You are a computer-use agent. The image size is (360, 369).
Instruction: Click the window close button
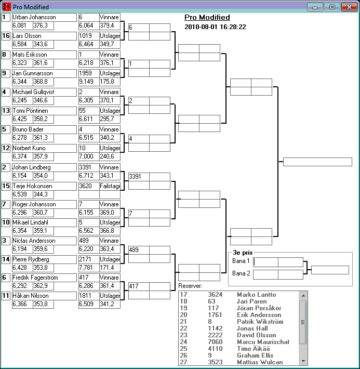coord(348,7)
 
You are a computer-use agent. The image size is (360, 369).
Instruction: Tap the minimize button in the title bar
coord(314,7)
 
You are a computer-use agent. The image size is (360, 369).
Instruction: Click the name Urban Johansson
coord(34,17)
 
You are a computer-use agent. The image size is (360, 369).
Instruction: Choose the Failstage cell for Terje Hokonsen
coord(110,186)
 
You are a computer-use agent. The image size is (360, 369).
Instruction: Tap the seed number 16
coord(6,36)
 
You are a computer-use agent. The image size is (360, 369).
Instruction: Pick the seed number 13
coord(6,111)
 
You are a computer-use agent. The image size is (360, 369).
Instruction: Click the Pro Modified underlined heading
coord(207,17)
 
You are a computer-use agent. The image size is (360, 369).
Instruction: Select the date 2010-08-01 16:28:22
coord(215,27)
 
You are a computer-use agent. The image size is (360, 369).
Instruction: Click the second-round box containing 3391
coord(139,177)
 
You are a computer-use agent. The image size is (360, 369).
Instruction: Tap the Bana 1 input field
coord(265,262)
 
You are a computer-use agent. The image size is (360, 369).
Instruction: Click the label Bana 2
coord(241,273)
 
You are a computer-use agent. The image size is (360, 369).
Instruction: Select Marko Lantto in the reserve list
coord(256,295)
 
